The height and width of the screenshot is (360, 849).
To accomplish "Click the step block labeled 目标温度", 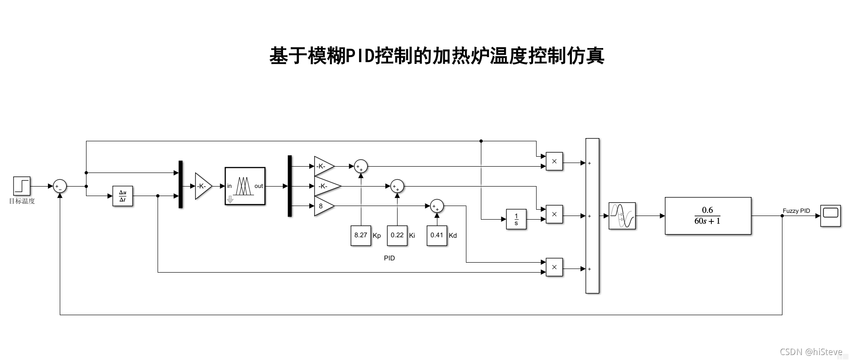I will pyautogui.click(x=22, y=186).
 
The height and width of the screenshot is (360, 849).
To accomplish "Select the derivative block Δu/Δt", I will pyautogui.click(x=123, y=196).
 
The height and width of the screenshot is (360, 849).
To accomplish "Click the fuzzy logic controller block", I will pyautogui.click(x=245, y=186).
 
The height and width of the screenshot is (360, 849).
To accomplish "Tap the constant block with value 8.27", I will pyautogui.click(x=361, y=235).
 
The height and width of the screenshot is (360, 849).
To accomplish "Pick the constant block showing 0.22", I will pyautogui.click(x=397, y=235).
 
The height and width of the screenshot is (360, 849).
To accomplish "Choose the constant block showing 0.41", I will pyautogui.click(x=437, y=235).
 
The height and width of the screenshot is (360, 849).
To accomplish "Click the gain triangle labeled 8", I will pyautogui.click(x=322, y=206).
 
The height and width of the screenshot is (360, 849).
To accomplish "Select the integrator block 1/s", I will pyautogui.click(x=516, y=219).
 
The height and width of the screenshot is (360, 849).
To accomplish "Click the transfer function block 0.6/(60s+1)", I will pyautogui.click(x=708, y=216).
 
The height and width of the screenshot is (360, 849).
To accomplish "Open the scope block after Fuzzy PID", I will pyautogui.click(x=830, y=216).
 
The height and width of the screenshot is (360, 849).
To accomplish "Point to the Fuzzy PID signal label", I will pyautogui.click(x=796, y=211).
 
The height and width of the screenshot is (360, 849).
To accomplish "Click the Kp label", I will pyautogui.click(x=377, y=235).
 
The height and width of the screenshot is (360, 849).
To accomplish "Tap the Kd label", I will pyautogui.click(x=453, y=235).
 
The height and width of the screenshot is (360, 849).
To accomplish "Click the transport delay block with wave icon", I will pyautogui.click(x=622, y=216).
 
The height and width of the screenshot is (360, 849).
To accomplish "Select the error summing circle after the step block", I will pyautogui.click(x=60, y=186).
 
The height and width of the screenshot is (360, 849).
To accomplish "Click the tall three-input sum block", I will pyautogui.click(x=592, y=216).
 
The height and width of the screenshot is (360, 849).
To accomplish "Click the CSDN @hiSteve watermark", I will pyautogui.click(x=811, y=352).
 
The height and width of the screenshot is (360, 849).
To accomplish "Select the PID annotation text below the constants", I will pyautogui.click(x=389, y=258).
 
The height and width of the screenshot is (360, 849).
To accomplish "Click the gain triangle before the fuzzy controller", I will pyautogui.click(x=202, y=186).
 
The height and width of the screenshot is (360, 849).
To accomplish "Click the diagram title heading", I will pyautogui.click(x=436, y=56).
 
